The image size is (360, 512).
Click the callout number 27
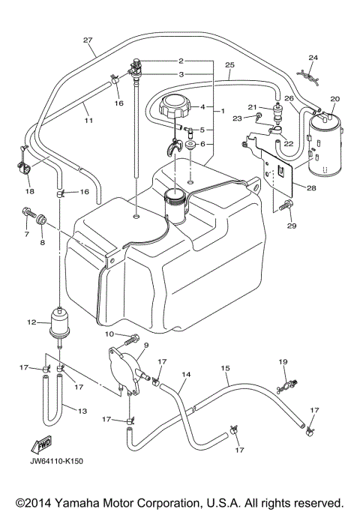(x=88, y=39)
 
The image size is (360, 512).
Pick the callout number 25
(x=229, y=65)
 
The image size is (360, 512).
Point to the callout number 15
(x=224, y=368)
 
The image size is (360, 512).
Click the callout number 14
(x=187, y=373)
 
